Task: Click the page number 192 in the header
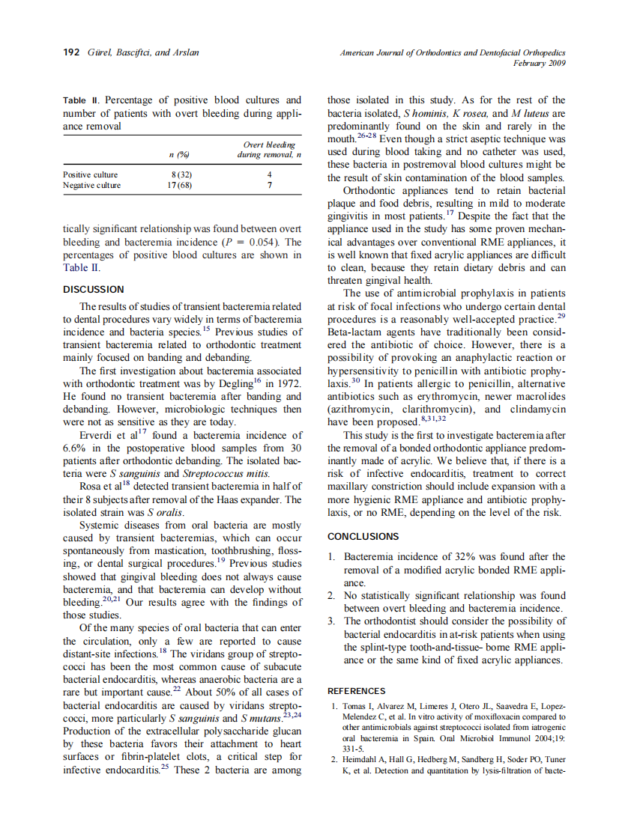point(72,53)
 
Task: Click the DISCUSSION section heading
point(94,289)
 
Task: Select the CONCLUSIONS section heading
point(363,536)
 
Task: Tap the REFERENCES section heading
point(357,691)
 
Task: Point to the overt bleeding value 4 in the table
point(269,174)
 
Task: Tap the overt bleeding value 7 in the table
point(269,185)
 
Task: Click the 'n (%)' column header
point(177,155)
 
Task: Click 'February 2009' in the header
point(539,64)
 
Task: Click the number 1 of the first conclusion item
point(332,557)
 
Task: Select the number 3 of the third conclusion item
point(332,621)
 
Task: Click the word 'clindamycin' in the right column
point(537,410)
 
